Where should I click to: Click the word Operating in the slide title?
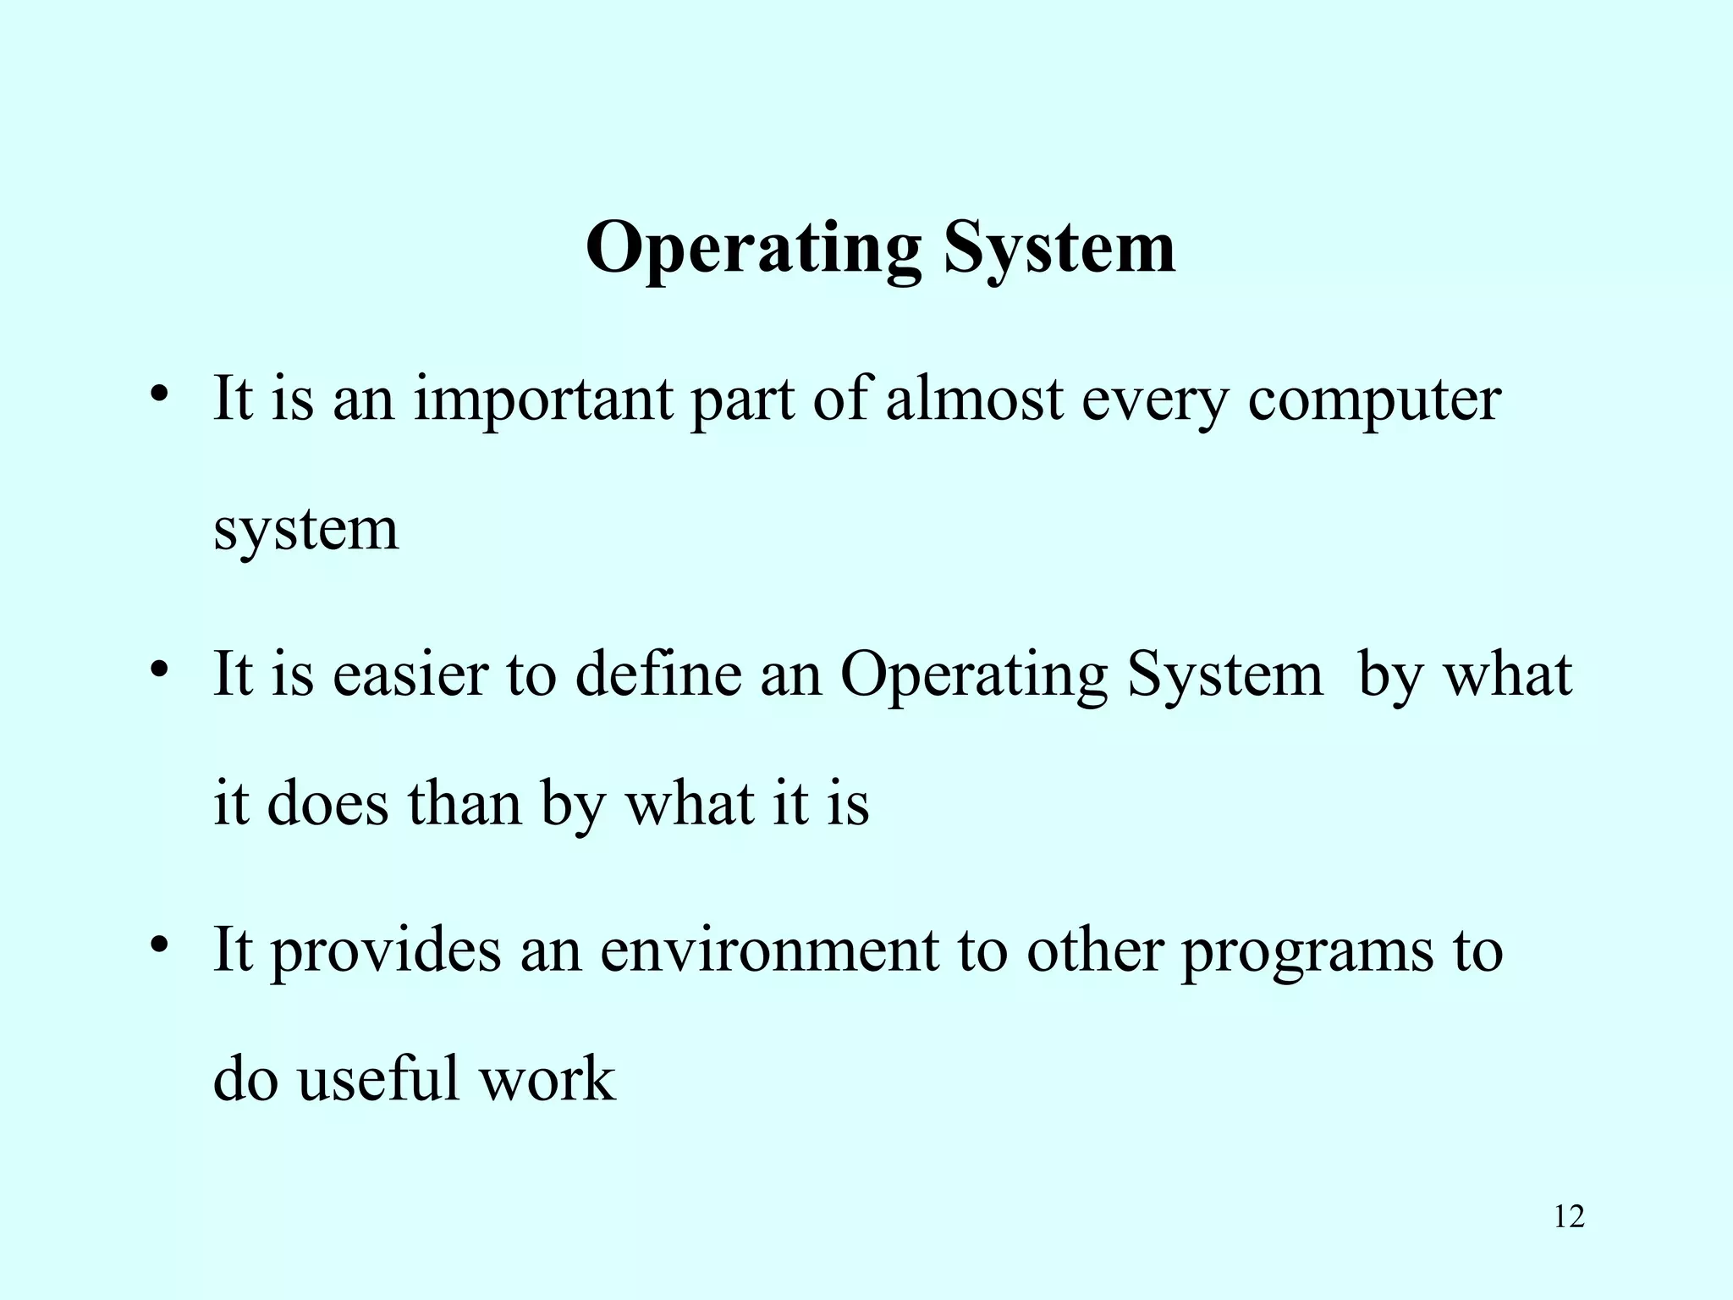point(752,250)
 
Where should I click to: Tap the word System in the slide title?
point(1059,250)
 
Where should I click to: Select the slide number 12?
point(1569,1217)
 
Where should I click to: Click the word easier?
point(400,675)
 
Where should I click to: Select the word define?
point(658,675)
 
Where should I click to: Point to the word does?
point(327,803)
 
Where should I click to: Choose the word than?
point(465,803)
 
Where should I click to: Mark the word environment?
point(769,950)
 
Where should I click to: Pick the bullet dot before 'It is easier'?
point(157,669)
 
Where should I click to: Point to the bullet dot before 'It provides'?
point(157,945)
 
